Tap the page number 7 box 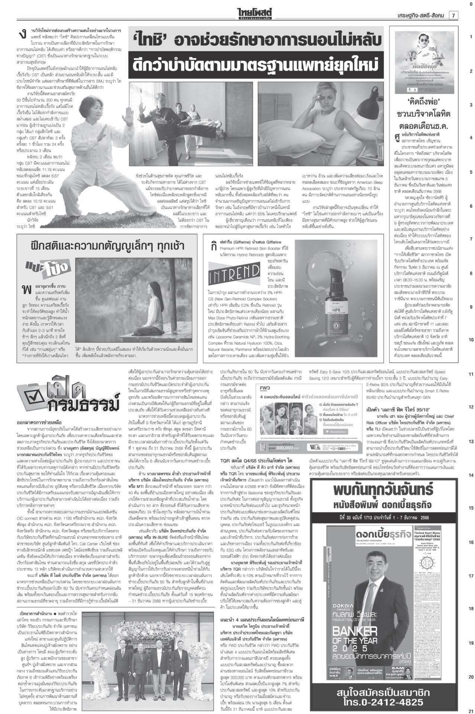point(454,15)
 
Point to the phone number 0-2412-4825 point(398,701)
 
